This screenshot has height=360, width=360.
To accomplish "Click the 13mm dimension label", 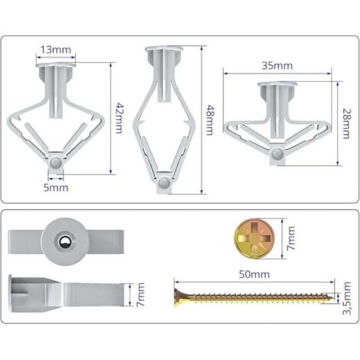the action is (56, 50).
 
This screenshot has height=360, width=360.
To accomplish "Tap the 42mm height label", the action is (119, 118).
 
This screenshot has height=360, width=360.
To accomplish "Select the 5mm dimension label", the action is (56, 188).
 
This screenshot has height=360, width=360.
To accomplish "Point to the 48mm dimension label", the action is (210, 119).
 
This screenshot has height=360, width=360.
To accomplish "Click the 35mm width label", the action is (277, 66).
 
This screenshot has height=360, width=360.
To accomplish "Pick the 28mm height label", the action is (346, 123).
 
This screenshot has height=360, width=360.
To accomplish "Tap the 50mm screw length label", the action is (254, 274).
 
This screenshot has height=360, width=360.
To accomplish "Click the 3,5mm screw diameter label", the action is (347, 298).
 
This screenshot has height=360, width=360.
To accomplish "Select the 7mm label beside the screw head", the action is (291, 238).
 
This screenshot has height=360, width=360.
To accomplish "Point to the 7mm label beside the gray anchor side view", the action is (140, 294).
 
